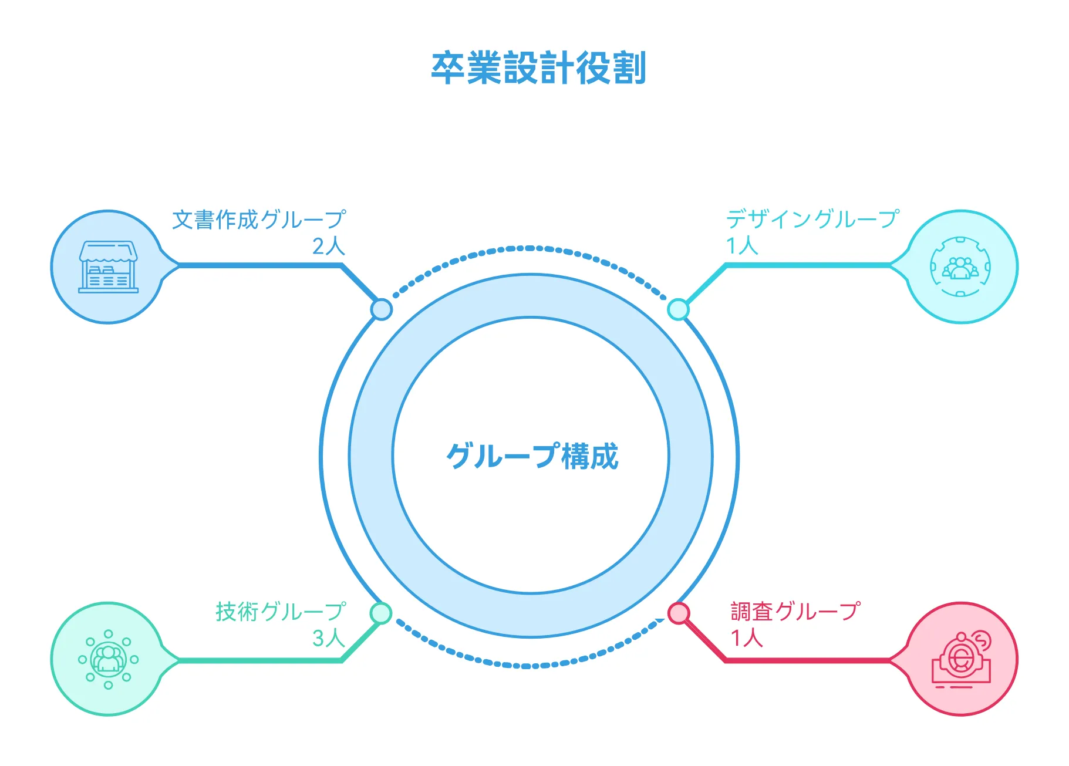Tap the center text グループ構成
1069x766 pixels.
(x=532, y=456)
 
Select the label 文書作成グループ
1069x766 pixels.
(x=259, y=220)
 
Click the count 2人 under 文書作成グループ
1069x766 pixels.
(x=328, y=246)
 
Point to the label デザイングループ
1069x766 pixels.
(x=812, y=220)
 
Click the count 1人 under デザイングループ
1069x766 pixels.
(x=742, y=245)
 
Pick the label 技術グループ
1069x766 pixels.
(x=281, y=612)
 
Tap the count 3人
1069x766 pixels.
(x=328, y=638)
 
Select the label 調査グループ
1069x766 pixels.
(x=795, y=612)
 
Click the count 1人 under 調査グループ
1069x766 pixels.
(x=746, y=638)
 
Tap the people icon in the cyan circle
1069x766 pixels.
(x=960, y=267)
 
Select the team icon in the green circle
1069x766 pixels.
(x=109, y=659)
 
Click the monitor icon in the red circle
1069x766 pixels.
(x=961, y=659)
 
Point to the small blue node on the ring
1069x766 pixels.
(x=382, y=309)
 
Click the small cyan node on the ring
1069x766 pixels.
(x=679, y=309)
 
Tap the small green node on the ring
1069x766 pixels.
(x=381, y=613)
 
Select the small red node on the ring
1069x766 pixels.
(x=679, y=613)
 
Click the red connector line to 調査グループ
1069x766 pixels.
(x=810, y=661)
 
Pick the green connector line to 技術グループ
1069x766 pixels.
(x=258, y=661)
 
